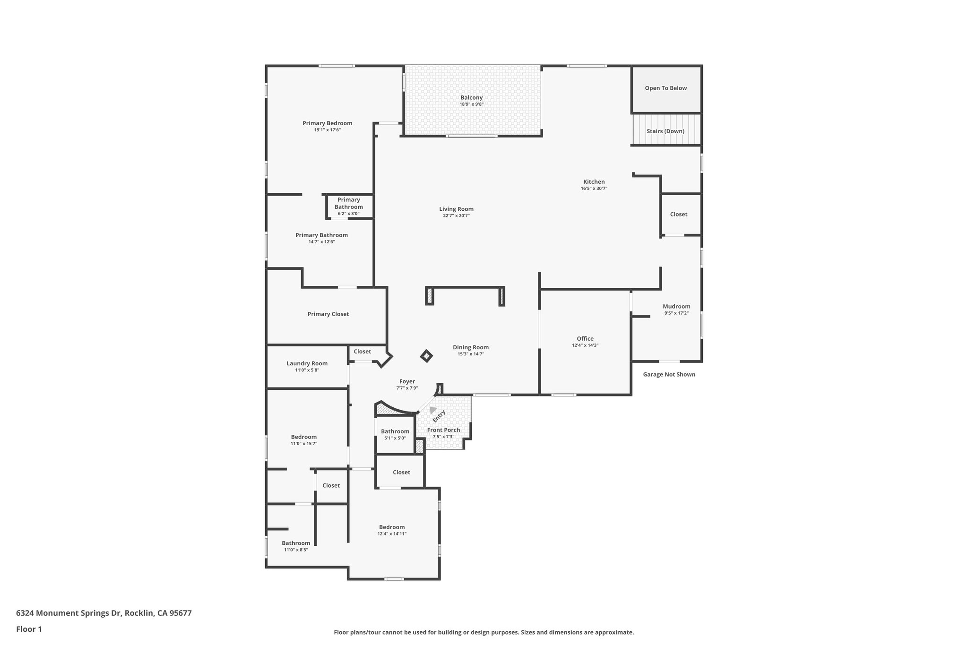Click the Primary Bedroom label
coord(327,123)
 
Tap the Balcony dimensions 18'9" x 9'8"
coord(471,104)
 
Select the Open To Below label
coord(665,88)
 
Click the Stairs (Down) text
coord(665,131)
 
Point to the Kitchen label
coord(594,182)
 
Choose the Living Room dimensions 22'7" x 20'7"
coord(456,216)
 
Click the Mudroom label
coord(676,307)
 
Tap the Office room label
coord(585,339)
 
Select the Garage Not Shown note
coord(668,375)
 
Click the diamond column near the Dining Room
coord(426,356)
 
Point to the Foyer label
coord(407,382)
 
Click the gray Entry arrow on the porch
coord(432,410)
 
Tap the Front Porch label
coord(443,430)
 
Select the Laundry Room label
coord(307,363)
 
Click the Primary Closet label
coord(328,314)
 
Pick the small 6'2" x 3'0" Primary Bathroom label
coord(348,214)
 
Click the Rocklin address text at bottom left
coord(104,613)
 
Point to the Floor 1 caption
coord(29,629)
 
